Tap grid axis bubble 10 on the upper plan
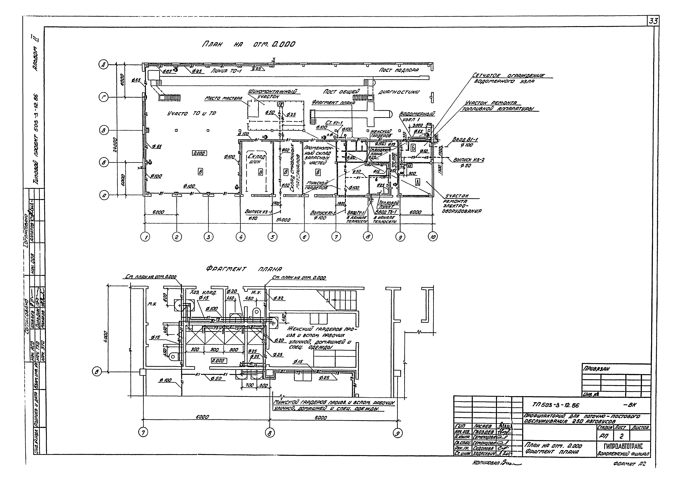pyautogui.click(x=433, y=237)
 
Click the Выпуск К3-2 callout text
pyautogui.click(x=469, y=160)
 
